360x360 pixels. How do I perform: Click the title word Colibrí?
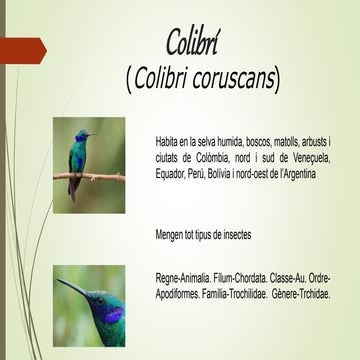[196, 41]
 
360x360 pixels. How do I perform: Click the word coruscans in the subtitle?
[233, 77]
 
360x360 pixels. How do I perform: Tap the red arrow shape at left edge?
[21, 47]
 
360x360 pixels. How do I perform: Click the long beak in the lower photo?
[71, 288]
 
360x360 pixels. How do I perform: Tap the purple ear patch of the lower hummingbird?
[113, 314]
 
